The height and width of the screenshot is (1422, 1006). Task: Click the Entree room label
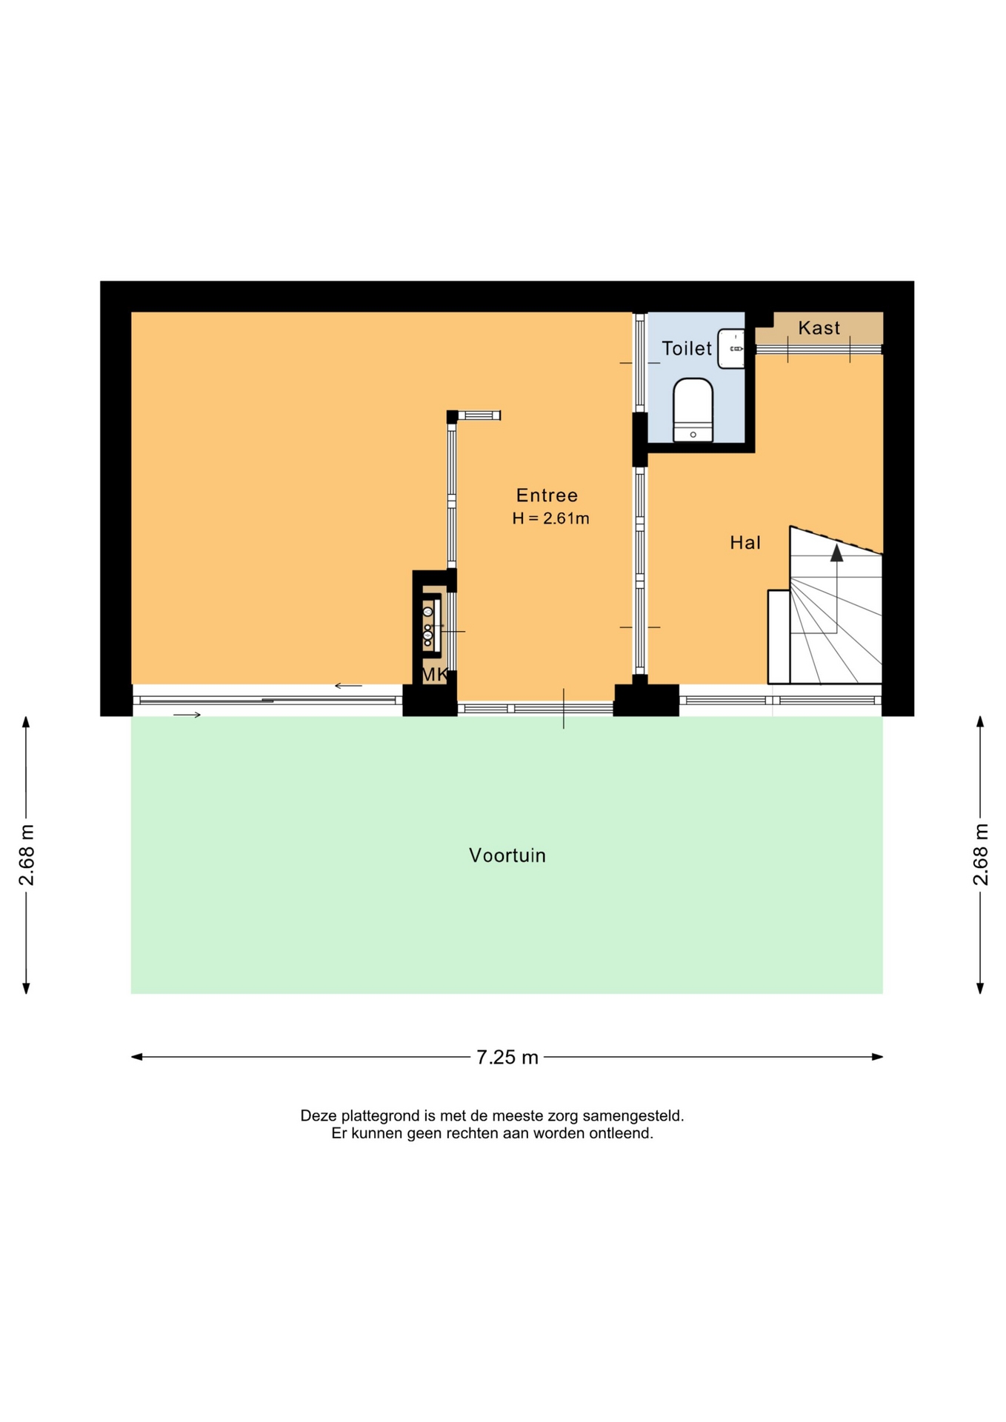pos(547,495)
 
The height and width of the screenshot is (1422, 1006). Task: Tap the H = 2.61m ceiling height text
pos(550,518)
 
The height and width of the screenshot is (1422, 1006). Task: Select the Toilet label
pos(687,349)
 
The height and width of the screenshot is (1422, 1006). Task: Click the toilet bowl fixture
pos(693,410)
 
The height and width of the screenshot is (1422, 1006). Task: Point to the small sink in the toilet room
pos(731,348)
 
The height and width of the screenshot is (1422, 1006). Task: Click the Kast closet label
pos(819,328)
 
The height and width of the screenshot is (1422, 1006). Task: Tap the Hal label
pos(745,543)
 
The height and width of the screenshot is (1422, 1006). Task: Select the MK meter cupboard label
pos(434,675)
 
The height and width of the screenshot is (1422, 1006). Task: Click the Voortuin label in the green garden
pos(507,855)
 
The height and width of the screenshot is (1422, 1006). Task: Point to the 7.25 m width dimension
pos(507,1057)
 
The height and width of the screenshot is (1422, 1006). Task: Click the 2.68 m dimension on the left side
pos(27,855)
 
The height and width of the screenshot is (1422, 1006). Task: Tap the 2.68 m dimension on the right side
pos(980,855)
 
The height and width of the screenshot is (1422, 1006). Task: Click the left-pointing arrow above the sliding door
pos(348,686)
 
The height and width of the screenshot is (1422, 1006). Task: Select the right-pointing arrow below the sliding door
pos(187,715)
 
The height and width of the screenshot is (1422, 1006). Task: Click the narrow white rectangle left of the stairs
pos(779,637)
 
